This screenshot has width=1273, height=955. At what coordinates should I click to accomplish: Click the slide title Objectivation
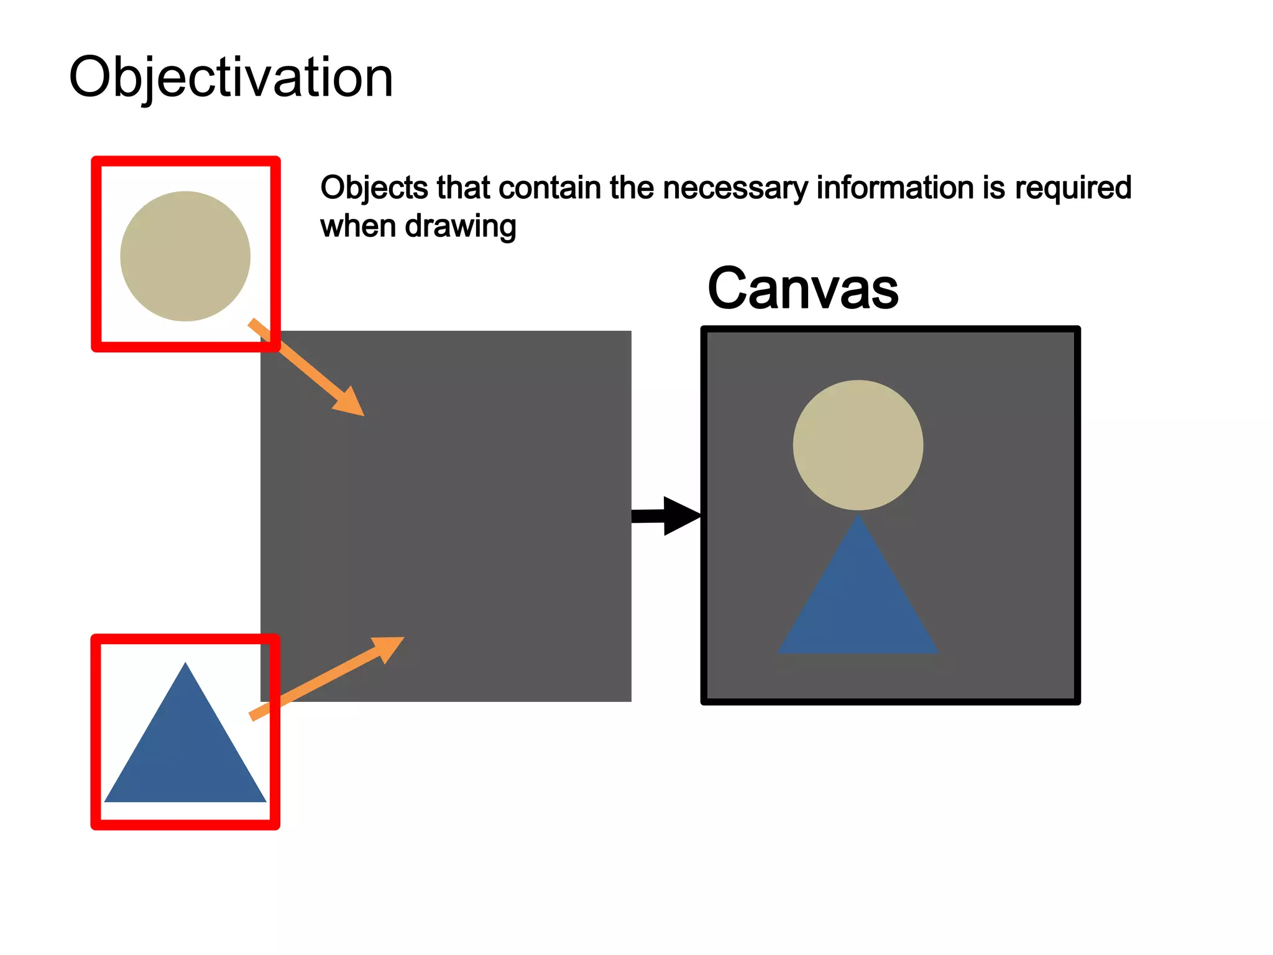(231, 77)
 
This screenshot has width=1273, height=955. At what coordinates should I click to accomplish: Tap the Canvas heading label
(802, 288)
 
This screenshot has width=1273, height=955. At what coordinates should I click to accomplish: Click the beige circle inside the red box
(185, 256)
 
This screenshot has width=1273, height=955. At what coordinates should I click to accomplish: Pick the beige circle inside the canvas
(858, 445)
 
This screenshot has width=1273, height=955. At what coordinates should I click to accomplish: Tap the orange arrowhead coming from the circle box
(349, 401)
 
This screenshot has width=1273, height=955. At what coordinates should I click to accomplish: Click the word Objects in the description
(374, 188)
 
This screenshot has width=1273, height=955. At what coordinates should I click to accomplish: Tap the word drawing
(461, 227)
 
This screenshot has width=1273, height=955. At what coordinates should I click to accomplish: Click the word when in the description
(358, 226)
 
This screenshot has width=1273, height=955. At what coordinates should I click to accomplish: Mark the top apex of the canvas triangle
(858, 515)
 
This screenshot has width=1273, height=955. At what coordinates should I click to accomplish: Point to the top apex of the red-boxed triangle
(185, 665)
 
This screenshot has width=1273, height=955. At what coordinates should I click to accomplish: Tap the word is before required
(993, 188)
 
